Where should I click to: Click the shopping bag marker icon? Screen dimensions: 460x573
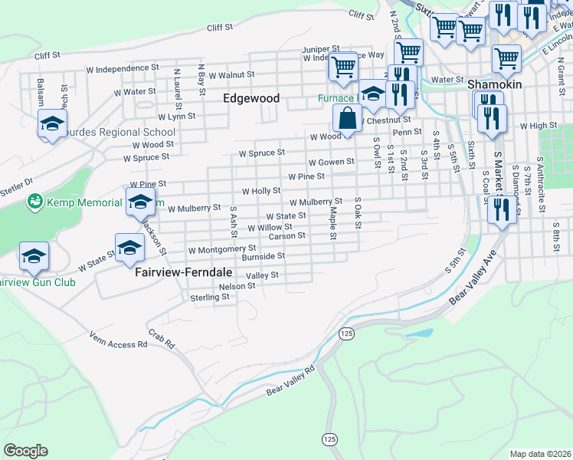(x=347, y=119)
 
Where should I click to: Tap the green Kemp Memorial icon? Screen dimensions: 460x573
(x=34, y=202)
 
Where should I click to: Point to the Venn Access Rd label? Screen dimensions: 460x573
(x=118, y=340)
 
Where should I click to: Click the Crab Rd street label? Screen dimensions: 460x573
(x=161, y=340)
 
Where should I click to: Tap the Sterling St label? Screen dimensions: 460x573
(x=210, y=297)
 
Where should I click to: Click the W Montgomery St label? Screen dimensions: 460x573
(x=222, y=249)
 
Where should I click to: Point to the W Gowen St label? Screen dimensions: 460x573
(x=331, y=162)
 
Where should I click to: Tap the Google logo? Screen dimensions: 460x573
(x=25, y=451)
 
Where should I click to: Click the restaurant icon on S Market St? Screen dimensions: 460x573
(x=502, y=209)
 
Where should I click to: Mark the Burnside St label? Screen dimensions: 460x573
(x=264, y=256)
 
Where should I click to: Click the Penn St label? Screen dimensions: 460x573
(x=407, y=132)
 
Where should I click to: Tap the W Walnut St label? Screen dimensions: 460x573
(x=225, y=74)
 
